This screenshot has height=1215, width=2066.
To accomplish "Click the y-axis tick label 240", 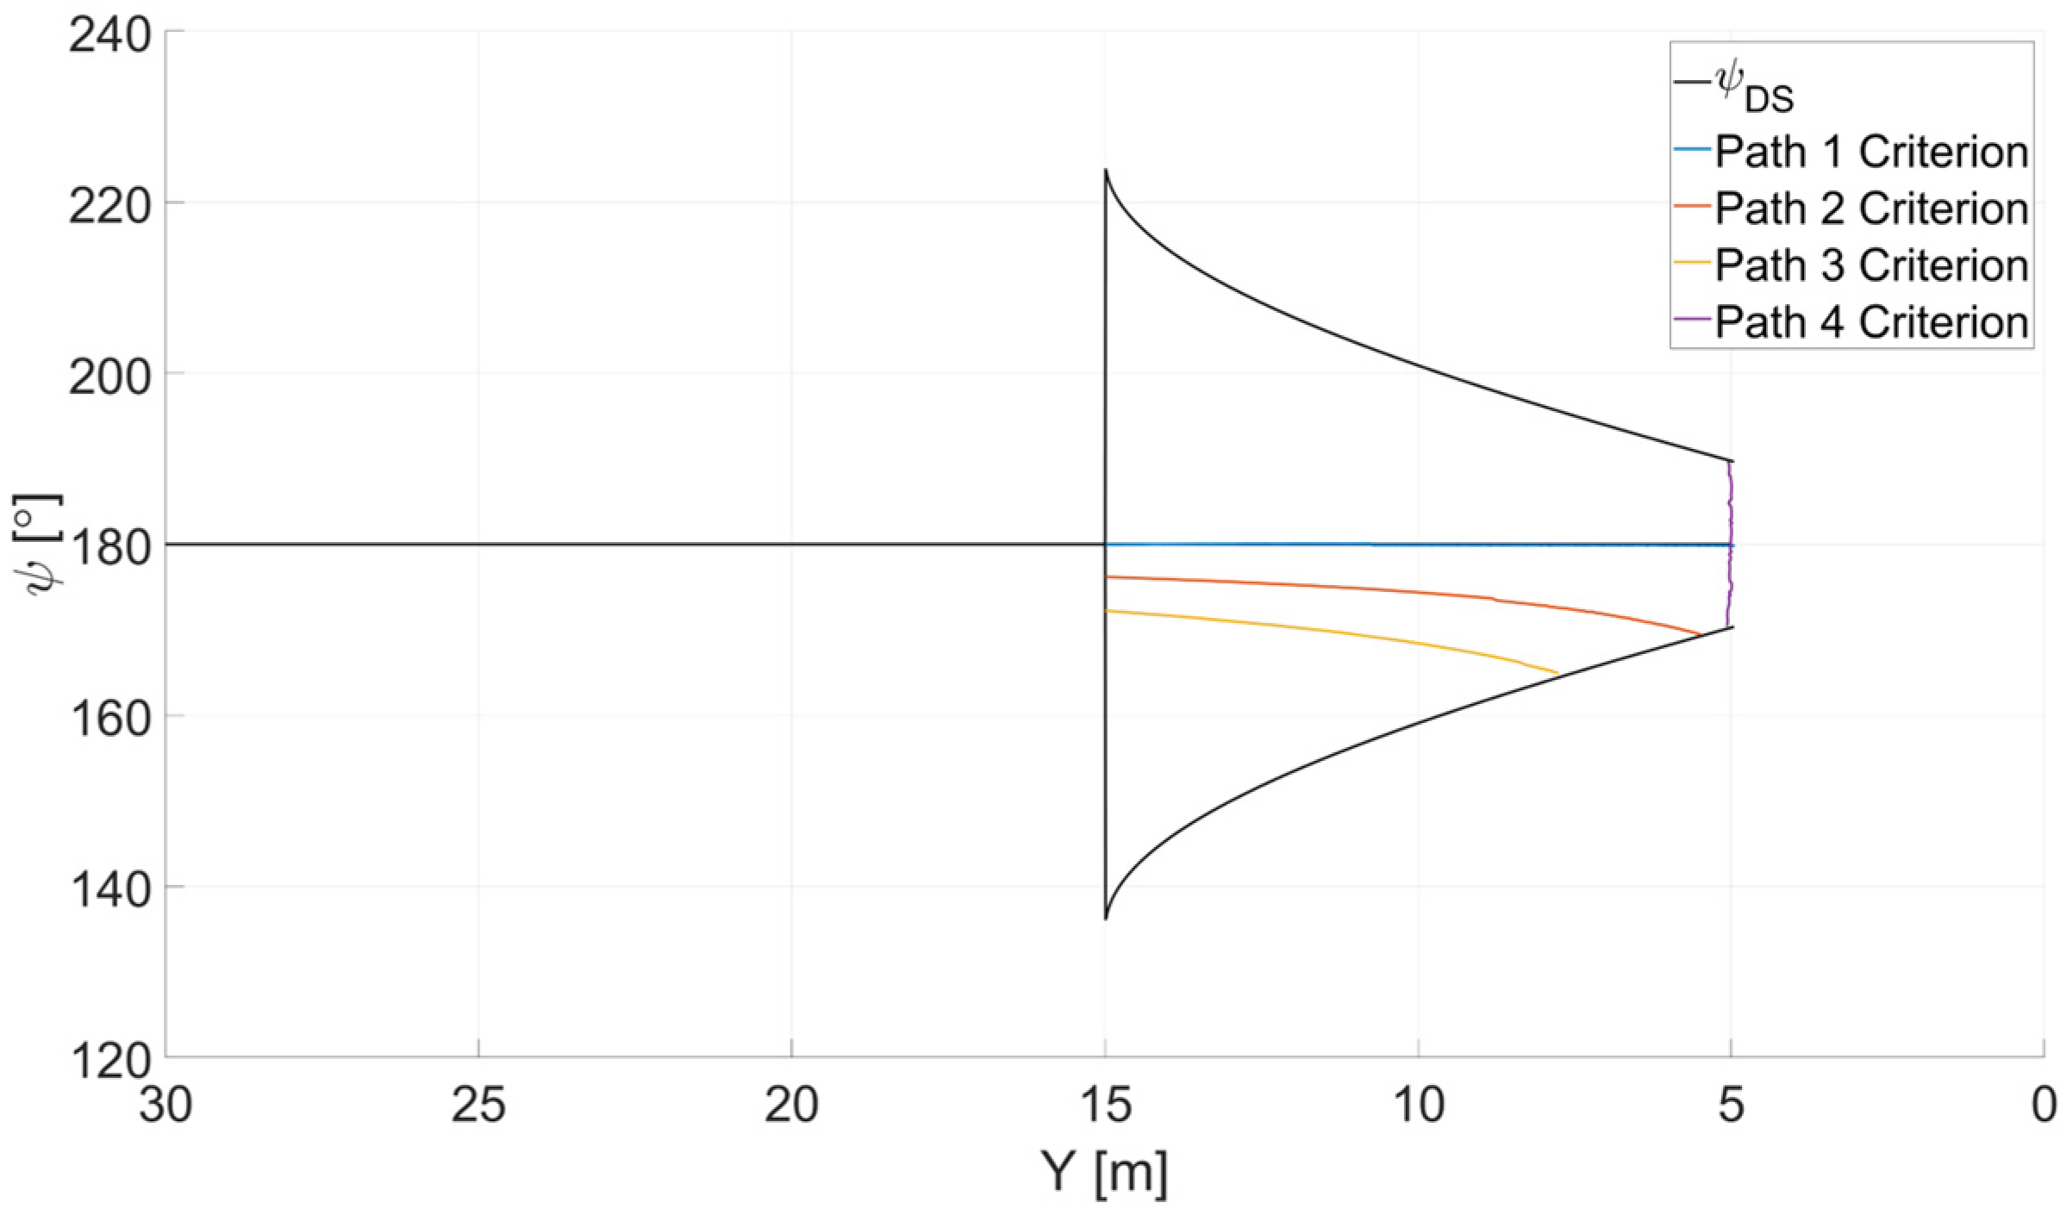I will click(109, 36).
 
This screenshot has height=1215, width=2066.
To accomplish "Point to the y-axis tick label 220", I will click(109, 207).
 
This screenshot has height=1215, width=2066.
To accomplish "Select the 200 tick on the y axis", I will click(109, 377).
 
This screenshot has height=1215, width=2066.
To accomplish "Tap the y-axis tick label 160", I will click(109, 719).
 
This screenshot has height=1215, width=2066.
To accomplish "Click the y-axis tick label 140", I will click(109, 889).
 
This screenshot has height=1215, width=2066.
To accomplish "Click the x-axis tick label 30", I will click(165, 1106).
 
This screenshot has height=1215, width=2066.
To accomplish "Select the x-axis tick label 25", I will click(478, 1106).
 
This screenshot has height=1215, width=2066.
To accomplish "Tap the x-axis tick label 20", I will click(791, 1106).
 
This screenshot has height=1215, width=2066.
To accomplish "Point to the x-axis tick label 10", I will click(1418, 1106).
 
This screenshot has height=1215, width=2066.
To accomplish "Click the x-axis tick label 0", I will click(2044, 1106).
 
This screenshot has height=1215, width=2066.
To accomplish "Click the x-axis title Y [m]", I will click(1104, 1173).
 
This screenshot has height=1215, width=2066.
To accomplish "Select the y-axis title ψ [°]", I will click(38, 545).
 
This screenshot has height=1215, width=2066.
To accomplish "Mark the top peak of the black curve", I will click(1106, 171).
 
